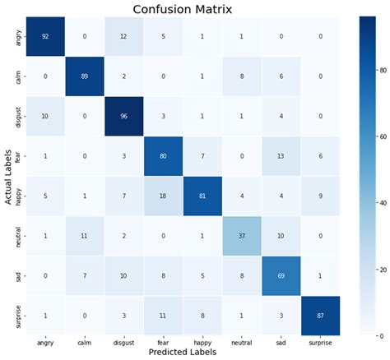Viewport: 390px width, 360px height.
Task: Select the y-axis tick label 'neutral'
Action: (17, 235)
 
